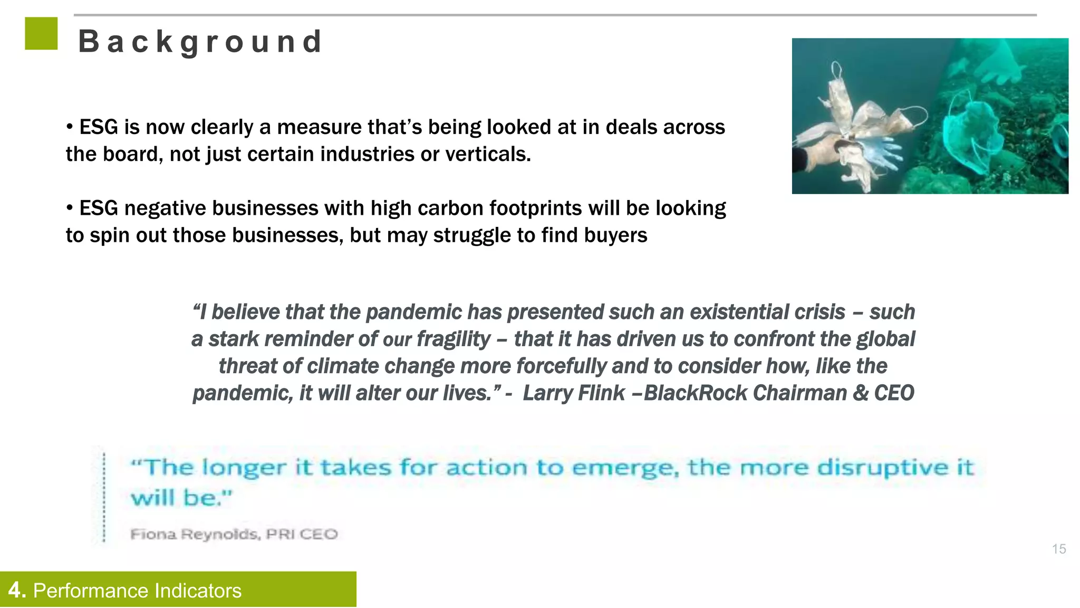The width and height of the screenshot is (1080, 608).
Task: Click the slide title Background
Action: click(200, 42)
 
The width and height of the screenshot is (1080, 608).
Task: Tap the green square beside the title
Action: click(41, 34)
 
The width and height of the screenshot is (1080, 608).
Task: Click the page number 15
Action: click(1059, 549)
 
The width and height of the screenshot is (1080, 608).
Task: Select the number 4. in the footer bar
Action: click(17, 590)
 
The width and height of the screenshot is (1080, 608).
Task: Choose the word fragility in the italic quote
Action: click(454, 339)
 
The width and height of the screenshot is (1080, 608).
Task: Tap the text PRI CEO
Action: click(302, 534)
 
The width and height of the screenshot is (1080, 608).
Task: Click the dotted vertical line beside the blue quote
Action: click(104, 496)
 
